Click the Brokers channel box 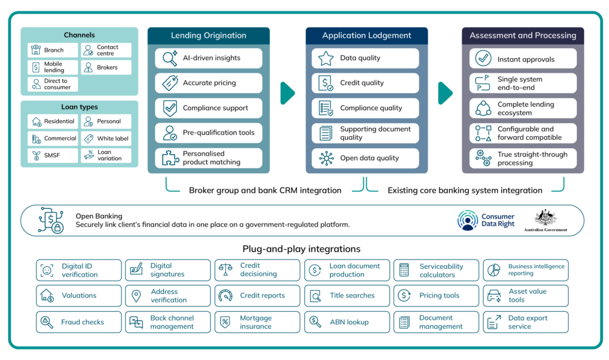(x=106, y=67)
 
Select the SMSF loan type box (x=52, y=155)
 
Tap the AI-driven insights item (x=208, y=58)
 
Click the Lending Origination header (x=208, y=36)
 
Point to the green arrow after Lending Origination (x=288, y=93)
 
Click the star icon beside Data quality (x=325, y=58)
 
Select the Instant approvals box (x=523, y=59)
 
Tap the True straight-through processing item (x=523, y=158)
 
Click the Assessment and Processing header (x=523, y=36)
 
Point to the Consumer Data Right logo (x=486, y=220)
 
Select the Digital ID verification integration (x=79, y=270)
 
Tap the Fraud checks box (x=79, y=322)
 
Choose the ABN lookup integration (x=347, y=322)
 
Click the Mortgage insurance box (x=257, y=322)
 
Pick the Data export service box (x=526, y=322)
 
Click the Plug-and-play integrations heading (x=302, y=249)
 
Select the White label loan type (x=106, y=139)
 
